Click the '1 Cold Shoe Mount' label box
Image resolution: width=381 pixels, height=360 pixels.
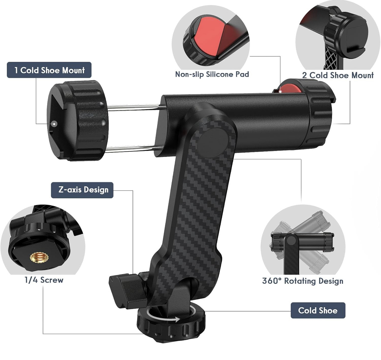point(49,70)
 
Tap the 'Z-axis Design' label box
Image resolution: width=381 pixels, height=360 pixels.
point(82,190)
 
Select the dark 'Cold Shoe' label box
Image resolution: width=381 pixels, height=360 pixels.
point(318,311)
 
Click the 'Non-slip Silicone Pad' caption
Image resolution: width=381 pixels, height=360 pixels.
point(212,74)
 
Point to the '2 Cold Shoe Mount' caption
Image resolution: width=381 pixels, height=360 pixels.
point(338,75)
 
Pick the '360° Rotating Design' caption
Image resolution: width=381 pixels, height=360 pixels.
point(303,281)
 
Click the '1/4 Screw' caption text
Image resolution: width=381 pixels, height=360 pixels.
point(44,280)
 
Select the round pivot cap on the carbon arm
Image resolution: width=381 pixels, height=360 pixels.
point(213,143)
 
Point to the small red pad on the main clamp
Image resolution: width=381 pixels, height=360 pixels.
point(289,88)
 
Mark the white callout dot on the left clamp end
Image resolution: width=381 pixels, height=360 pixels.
point(54,124)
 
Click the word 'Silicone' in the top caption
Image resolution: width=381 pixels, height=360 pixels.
point(219,74)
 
